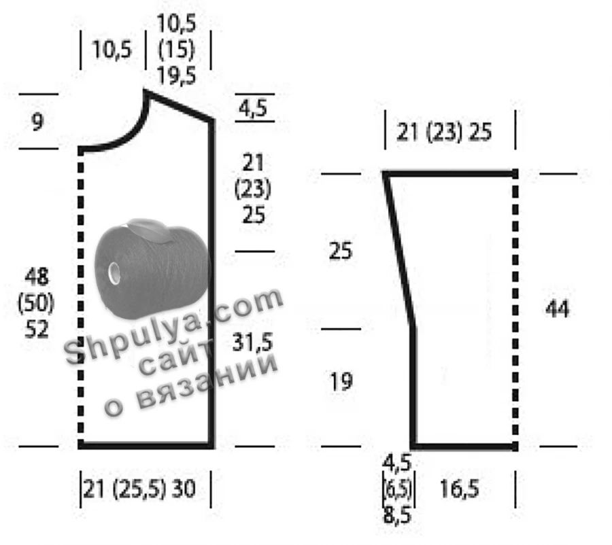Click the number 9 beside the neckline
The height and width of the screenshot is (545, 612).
[37, 122]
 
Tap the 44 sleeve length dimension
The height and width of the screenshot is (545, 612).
[557, 309]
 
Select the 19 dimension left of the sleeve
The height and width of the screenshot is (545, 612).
[341, 381]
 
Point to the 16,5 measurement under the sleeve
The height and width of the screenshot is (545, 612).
[459, 489]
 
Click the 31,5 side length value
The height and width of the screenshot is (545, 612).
[252, 342]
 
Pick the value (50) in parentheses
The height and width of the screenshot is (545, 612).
[36, 303]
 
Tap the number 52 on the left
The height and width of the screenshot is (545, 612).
[37, 329]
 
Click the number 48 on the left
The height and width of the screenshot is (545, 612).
[37, 277]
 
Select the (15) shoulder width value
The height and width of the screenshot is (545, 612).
[176, 50]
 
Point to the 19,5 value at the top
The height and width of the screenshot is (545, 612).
[176, 75]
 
